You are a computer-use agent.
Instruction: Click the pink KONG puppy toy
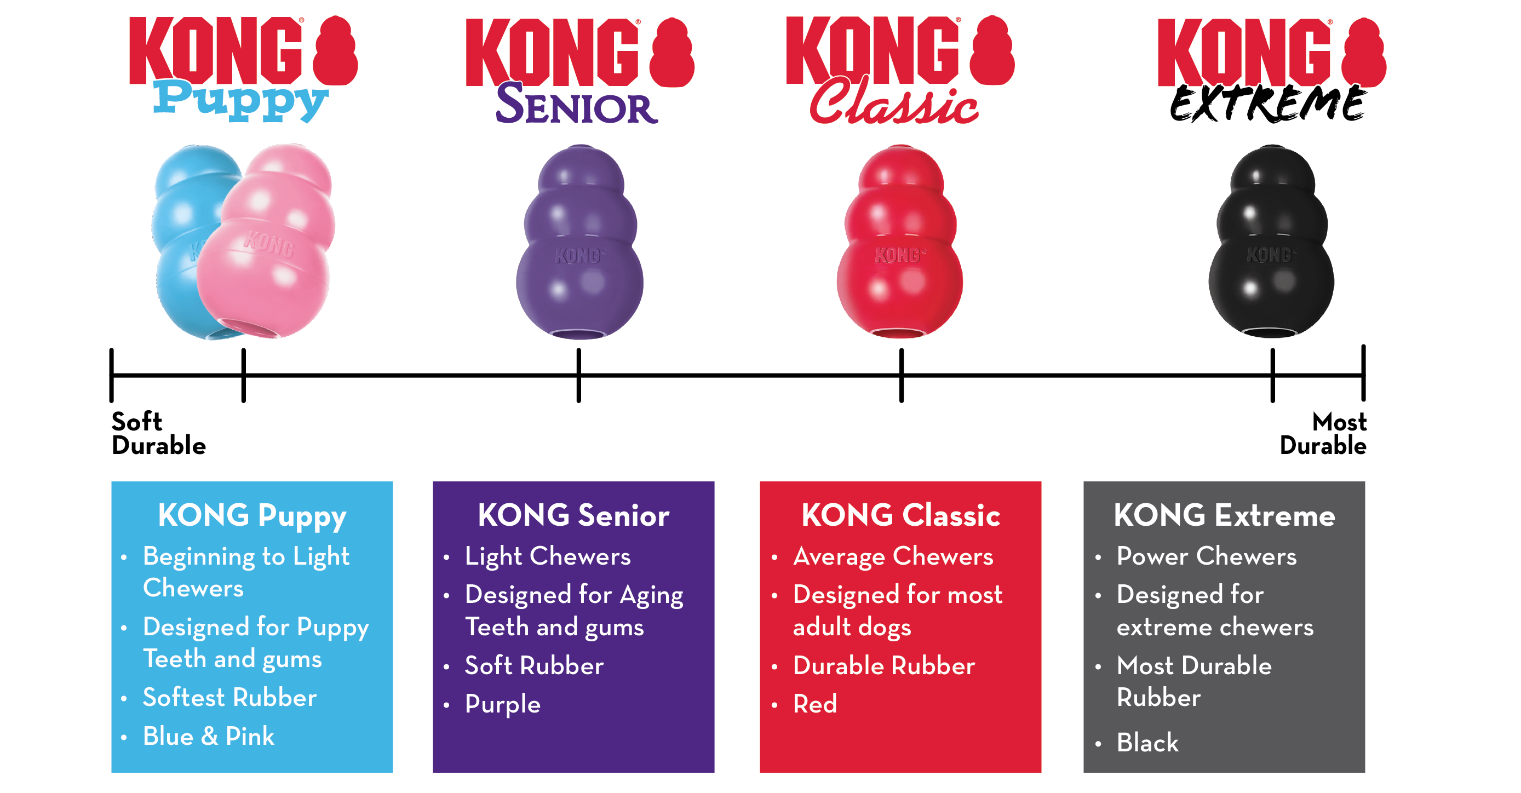click(266, 242)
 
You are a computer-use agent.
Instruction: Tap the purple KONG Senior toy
click(580, 242)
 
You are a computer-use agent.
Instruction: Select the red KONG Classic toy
click(900, 242)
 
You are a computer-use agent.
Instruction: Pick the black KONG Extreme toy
click(1271, 242)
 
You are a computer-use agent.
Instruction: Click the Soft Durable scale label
click(158, 433)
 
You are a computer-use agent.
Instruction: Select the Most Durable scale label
click(1323, 433)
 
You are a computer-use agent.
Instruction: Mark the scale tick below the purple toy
click(578, 376)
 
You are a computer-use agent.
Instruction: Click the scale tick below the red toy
click(901, 376)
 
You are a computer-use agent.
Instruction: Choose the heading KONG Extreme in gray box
click(1224, 515)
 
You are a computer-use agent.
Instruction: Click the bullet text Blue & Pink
click(209, 736)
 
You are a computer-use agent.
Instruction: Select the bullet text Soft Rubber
click(534, 665)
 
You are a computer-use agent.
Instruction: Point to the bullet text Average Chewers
click(893, 557)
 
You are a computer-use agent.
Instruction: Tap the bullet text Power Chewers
click(1206, 556)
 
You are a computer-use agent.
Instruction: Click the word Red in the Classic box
click(815, 704)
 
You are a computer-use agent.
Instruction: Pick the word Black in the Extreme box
click(1147, 742)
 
